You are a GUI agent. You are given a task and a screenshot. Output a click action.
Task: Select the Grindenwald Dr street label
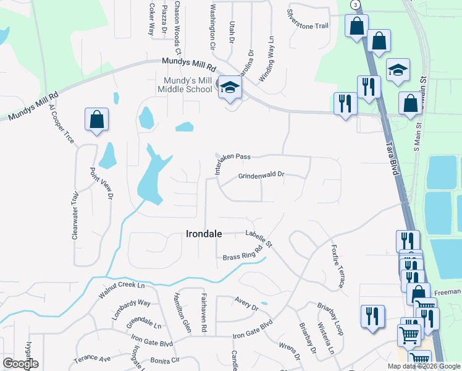pyautogui.click(x=261, y=176)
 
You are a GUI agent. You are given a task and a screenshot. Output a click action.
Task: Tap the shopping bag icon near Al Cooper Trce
pyautogui.click(x=96, y=120)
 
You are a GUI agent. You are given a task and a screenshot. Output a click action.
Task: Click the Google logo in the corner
pyautogui.click(x=20, y=364)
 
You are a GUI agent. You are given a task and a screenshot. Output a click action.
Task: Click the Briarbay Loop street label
pyautogui.click(x=329, y=314)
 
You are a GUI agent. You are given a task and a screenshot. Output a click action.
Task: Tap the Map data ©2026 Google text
pyautogui.click(x=424, y=366)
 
